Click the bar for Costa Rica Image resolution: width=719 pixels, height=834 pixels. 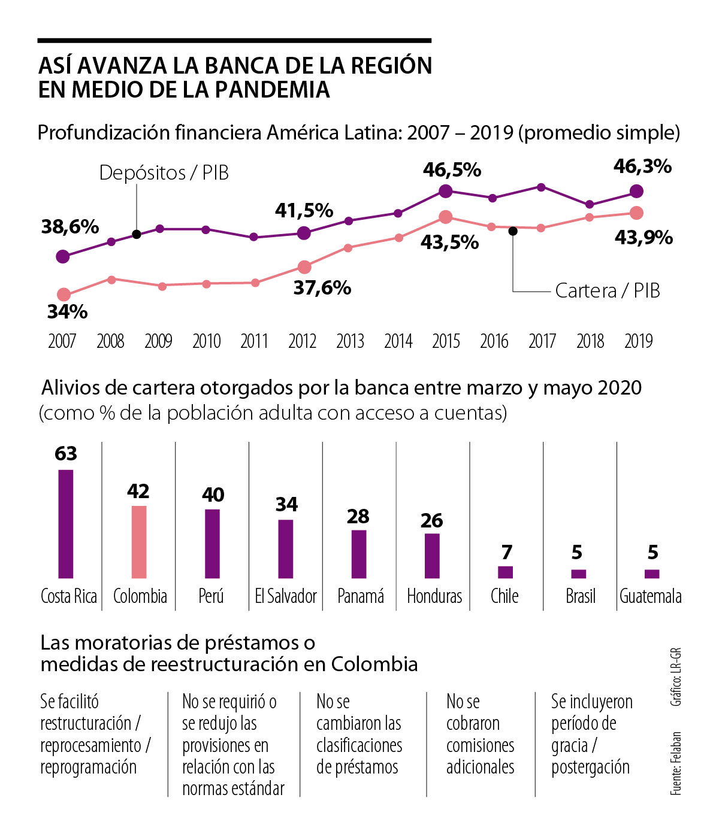[66, 524]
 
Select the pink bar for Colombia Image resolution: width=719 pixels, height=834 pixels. [139, 542]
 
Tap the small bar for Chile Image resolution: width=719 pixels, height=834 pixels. [506, 572]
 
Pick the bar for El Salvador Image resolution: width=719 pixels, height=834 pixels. [286, 548]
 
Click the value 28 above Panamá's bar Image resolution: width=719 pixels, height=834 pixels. [358, 517]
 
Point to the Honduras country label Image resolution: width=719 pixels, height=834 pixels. [434, 596]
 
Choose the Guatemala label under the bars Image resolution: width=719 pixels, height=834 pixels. [651, 596]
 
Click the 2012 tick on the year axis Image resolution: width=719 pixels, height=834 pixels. [302, 341]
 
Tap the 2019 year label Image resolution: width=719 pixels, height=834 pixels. [638, 341]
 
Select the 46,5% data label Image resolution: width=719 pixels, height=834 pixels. [452, 170]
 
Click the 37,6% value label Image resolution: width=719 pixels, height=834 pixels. [322, 288]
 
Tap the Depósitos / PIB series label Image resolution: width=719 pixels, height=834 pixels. [164, 173]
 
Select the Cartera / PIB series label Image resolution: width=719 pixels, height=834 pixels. [608, 291]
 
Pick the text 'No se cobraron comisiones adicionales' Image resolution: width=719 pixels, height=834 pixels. [480, 734]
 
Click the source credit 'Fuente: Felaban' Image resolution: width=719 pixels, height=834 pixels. [676, 763]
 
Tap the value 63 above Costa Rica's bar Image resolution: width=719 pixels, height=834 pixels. [66, 454]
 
